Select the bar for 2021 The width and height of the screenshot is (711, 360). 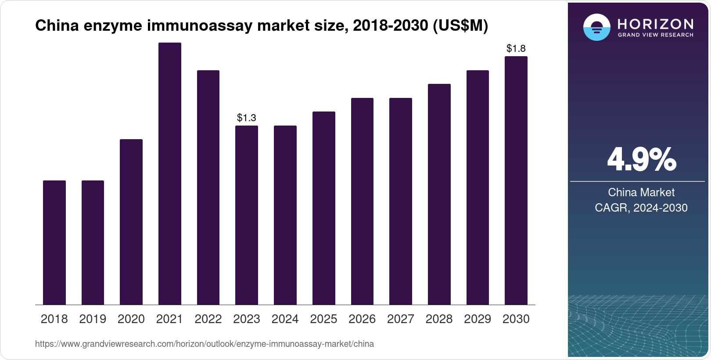pyautogui.click(x=170, y=173)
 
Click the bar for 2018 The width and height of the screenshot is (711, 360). pyautogui.click(x=54, y=242)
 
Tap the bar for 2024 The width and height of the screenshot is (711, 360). pyautogui.click(x=285, y=215)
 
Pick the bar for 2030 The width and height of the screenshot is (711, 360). pyautogui.click(x=516, y=180)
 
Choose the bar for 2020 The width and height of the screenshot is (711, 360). pyautogui.click(x=131, y=222)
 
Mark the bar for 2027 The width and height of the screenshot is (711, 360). pyautogui.click(x=401, y=201)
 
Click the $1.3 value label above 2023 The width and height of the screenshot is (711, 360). pyautogui.click(x=247, y=118)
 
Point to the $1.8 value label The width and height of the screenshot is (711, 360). pyautogui.click(x=516, y=48)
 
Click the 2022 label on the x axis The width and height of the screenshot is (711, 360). pyautogui.click(x=208, y=319)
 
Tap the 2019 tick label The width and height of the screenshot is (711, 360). pyautogui.click(x=93, y=319)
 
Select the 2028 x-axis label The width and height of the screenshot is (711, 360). pyautogui.click(x=439, y=319)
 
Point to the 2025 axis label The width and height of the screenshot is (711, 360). pyautogui.click(x=323, y=319)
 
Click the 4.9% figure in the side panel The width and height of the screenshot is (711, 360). pyautogui.click(x=641, y=160)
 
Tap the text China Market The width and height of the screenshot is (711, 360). pyautogui.click(x=641, y=192)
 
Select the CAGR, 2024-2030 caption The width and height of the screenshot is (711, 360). pyautogui.click(x=641, y=208)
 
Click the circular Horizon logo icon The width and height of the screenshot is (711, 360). pyautogui.click(x=596, y=27)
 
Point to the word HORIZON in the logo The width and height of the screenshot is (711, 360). pyautogui.click(x=655, y=24)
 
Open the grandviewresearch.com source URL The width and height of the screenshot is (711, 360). pyautogui.click(x=205, y=344)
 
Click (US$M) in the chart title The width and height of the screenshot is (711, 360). pyautogui.click(x=460, y=26)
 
